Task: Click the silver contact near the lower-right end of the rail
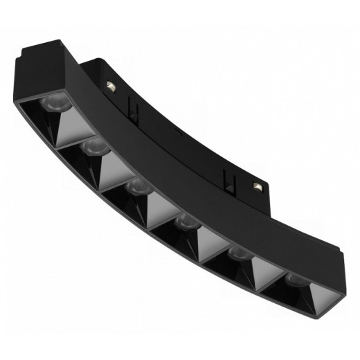coord(258,186)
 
